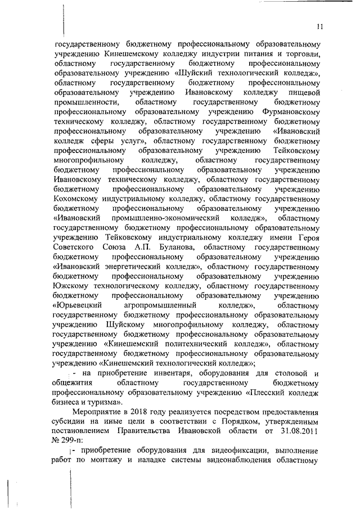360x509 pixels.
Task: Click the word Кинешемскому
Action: click(130, 54)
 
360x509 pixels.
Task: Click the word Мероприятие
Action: click(100, 413)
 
